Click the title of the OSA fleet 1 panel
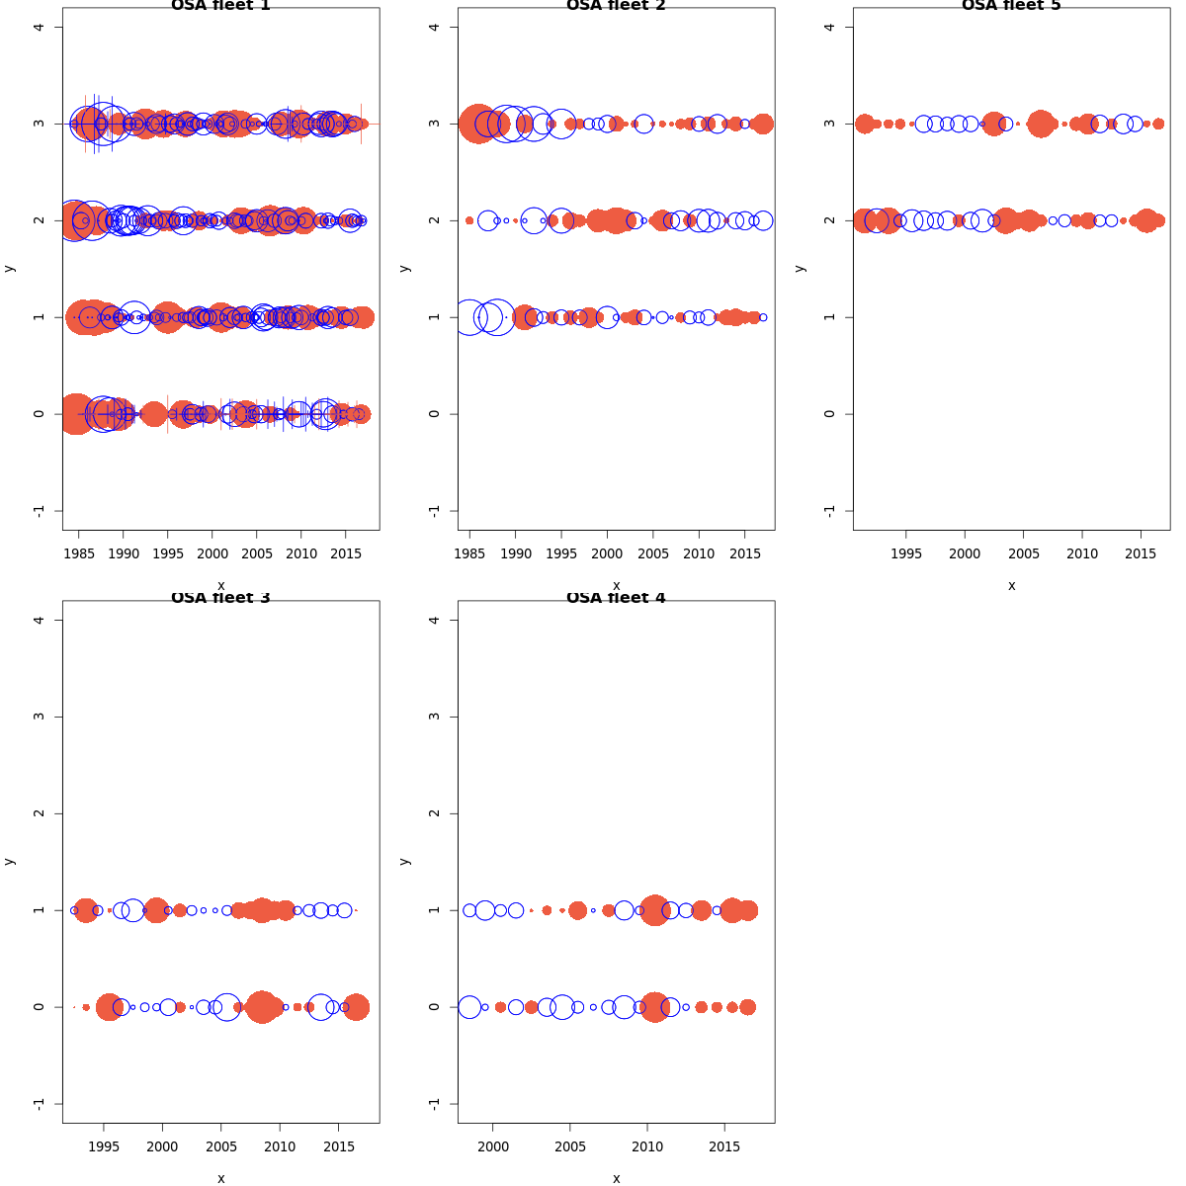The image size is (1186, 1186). [x=220, y=6]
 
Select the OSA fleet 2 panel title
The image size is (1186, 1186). [x=616, y=6]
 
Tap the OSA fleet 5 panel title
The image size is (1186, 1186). [x=1011, y=6]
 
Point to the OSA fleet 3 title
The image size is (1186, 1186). [x=220, y=598]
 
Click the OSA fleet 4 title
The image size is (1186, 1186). [x=616, y=598]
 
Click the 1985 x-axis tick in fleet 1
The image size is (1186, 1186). [x=79, y=552]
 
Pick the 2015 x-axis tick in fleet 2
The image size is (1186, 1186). [x=744, y=552]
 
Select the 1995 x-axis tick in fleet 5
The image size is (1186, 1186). [x=906, y=552]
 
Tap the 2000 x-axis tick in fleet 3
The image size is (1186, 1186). [x=162, y=1145]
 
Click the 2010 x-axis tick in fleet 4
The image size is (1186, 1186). [x=647, y=1145]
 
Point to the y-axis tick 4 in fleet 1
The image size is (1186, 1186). [x=39, y=27]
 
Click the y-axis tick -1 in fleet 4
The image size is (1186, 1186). [x=434, y=1103]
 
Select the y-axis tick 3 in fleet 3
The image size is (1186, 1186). [x=39, y=717]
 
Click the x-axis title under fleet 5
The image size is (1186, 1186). [x=1011, y=585]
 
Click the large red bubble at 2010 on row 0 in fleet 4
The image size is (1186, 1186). [x=653, y=1007]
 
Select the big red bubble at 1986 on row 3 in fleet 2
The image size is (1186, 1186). [x=478, y=124]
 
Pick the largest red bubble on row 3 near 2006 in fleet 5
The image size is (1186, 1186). [x=1041, y=124]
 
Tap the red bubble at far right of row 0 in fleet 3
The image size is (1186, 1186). [x=357, y=1007]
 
